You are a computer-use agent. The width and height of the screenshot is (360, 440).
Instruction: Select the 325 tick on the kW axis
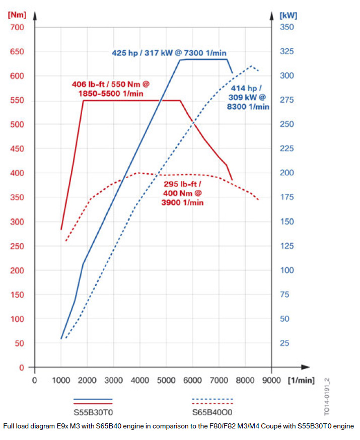coord(287,51)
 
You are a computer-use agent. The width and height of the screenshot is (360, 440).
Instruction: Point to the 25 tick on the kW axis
coord(284,343)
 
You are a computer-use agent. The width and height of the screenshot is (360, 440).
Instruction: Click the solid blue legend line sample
coord(93,399)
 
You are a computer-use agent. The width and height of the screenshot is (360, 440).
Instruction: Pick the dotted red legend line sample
coord(213,403)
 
